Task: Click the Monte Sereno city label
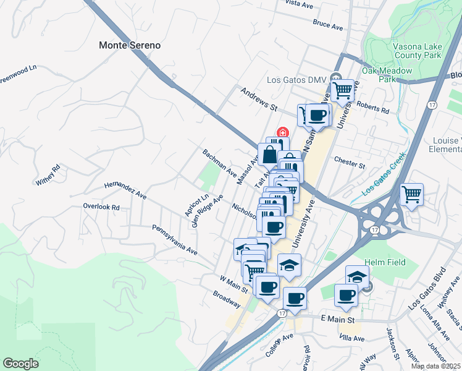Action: pos(130,45)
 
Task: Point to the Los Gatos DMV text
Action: pos(296,80)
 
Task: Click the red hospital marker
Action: pos(283,132)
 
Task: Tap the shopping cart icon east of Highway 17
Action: pos(411,195)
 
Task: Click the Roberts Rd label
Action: pos(372,108)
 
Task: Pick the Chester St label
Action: pos(350,163)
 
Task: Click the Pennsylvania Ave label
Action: pos(175,240)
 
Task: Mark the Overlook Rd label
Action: pos(101,207)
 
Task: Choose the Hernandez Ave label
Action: pos(125,190)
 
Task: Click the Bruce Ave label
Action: pos(327,25)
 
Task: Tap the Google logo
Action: pos(20,364)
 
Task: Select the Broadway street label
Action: pos(226,300)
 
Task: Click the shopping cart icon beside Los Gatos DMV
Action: pos(342,90)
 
